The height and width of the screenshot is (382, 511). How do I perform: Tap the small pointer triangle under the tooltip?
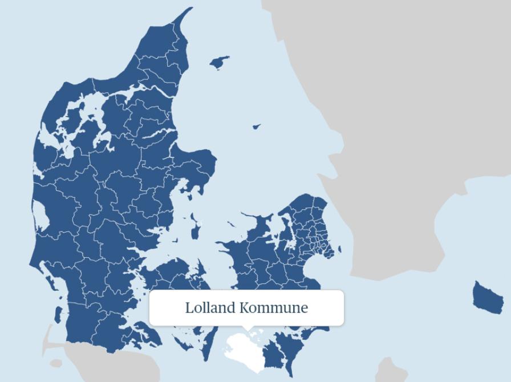coord(247,328)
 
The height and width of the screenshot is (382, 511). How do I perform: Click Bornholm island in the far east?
coord(487,296)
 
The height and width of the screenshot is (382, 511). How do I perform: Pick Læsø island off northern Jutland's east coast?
coord(220,62)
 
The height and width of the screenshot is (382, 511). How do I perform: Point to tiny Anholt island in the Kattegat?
coord(257,127)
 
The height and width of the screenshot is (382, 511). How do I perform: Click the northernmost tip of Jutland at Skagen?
coord(190,9)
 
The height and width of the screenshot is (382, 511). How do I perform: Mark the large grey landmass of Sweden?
coord(411,114)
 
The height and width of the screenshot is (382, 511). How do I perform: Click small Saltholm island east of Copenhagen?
coord(340,249)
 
